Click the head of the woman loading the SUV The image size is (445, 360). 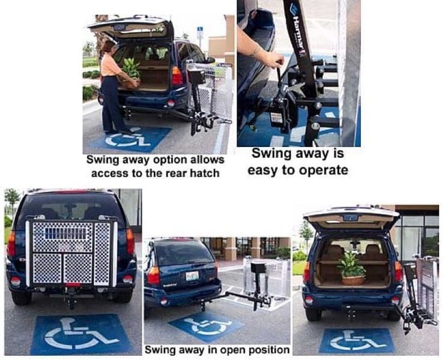click(108, 47)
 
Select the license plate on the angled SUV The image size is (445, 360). click(192, 275)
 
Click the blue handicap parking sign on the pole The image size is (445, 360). click(200, 30)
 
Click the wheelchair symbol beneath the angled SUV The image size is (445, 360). click(207, 325)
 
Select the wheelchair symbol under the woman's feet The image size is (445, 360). click(131, 139)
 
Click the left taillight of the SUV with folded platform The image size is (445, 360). click(11, 244)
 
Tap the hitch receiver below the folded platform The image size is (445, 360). click(71, 301)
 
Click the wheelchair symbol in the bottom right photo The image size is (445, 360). click(357, 340)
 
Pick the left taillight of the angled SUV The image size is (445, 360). click(154, 274)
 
